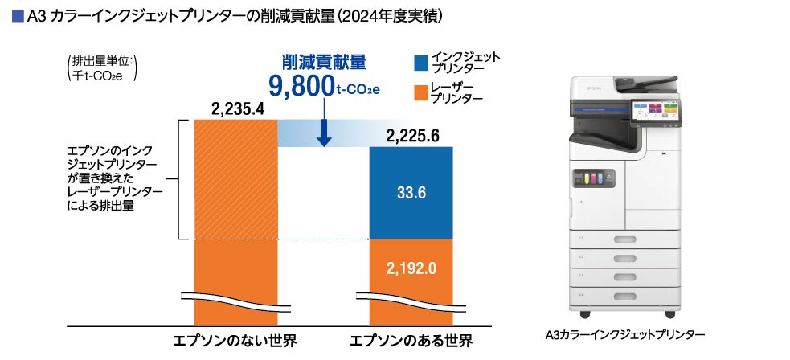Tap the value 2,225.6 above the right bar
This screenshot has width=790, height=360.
412,136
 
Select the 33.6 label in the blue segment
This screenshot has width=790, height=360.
411,193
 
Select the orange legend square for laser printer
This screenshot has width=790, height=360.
420,92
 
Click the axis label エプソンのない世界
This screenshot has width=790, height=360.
235,340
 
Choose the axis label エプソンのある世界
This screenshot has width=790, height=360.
411,340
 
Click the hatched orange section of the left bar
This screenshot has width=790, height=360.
237,179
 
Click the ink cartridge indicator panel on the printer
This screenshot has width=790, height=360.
591,179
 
